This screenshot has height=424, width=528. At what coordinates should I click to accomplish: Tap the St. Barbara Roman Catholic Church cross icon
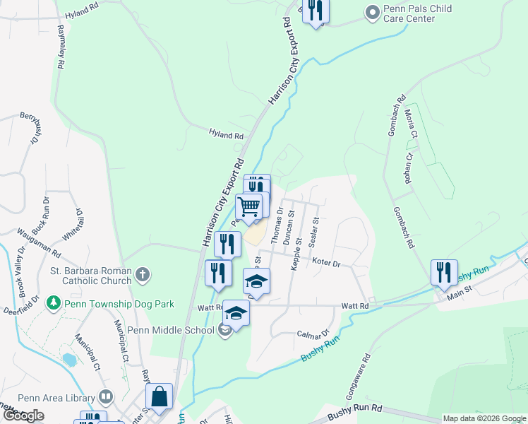tap(143, 274)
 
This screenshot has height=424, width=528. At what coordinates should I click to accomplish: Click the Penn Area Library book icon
tap(106, 396)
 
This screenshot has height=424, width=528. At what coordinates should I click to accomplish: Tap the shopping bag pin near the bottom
tap(159, 397)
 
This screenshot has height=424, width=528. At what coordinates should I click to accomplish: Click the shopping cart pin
tap(249, 207)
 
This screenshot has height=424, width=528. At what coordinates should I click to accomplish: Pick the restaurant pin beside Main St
tap(444, 273)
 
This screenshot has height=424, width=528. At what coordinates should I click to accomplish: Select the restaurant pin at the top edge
tap(316, 10)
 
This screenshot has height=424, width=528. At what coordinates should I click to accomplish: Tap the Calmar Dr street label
tap(313, 334)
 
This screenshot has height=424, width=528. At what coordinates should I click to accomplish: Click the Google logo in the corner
tap(23, 416)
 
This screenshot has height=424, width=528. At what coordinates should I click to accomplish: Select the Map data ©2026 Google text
tap(484, 418)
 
